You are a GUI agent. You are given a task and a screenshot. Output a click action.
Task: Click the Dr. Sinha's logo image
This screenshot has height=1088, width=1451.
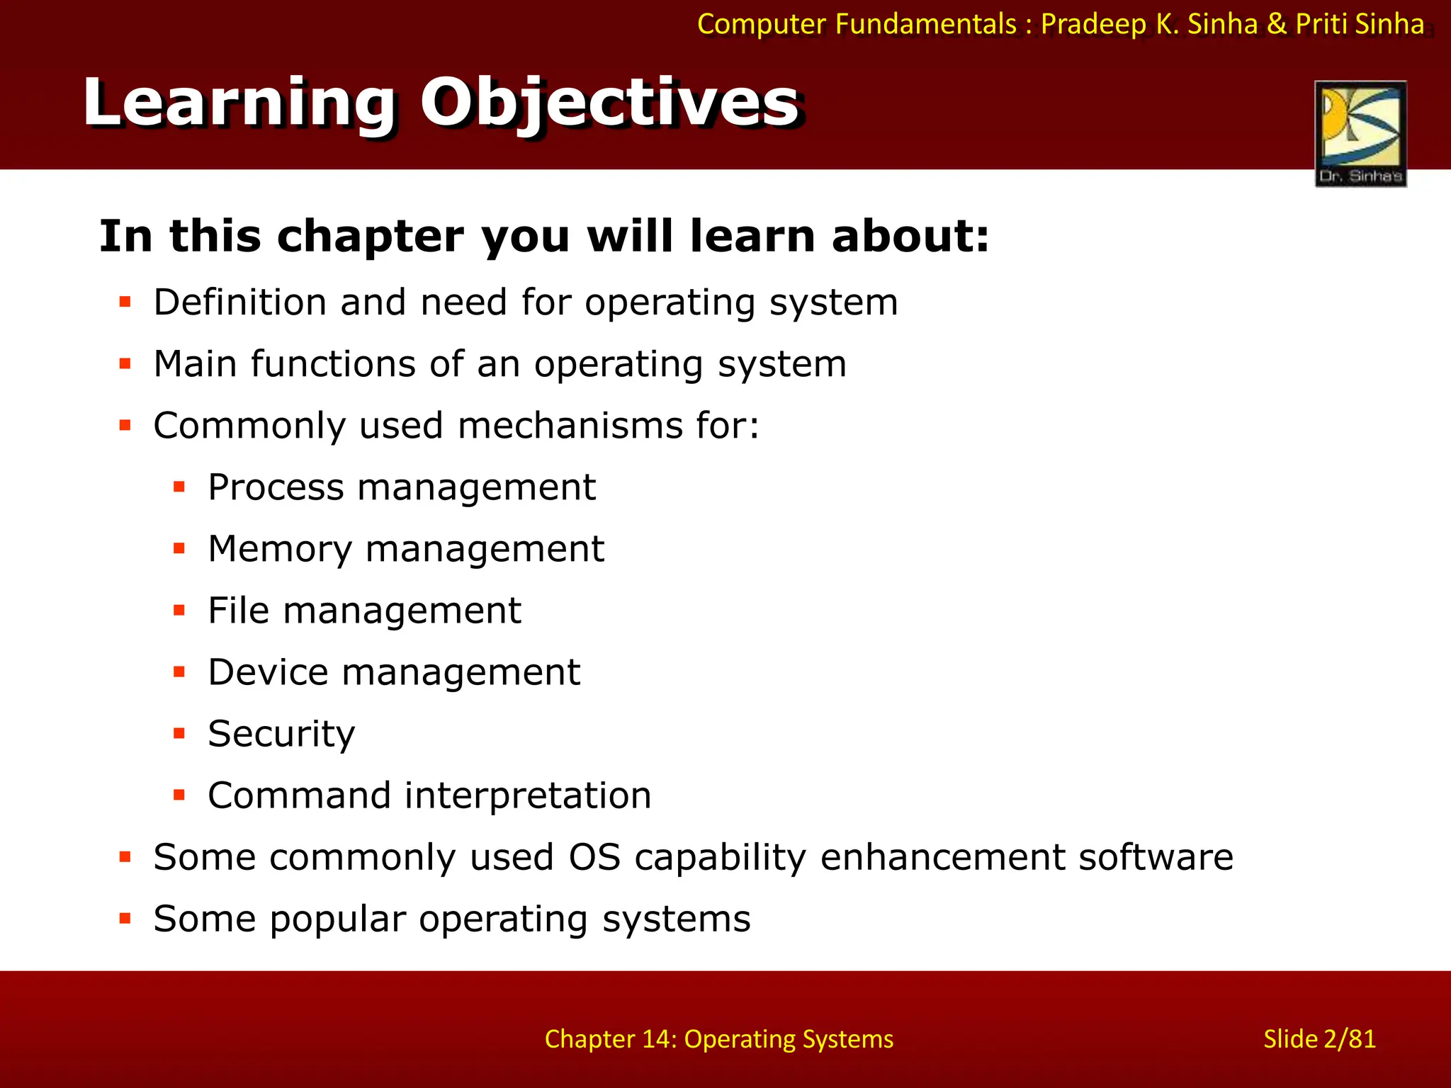[x=1360, y=133]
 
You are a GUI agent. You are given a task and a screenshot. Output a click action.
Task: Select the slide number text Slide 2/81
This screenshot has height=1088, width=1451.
[x=1319, y=1039]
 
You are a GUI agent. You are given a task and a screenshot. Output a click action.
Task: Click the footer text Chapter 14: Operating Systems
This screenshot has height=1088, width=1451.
[x=718, y=1039]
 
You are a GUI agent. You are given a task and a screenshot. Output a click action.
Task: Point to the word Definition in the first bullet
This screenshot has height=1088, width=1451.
[x=240, y=302]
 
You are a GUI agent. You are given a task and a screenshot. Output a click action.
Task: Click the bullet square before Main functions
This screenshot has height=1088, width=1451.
[x=125, y=364]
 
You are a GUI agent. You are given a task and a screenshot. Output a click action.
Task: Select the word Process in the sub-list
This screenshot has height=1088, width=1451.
[x=276, y=487]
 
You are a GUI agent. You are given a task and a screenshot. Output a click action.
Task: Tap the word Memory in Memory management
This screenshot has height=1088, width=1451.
[x=279, y=549]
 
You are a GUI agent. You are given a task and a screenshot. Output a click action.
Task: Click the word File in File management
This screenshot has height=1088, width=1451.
[x=238, y=611]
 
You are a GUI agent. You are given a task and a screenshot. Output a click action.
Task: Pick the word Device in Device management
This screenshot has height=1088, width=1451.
[x=268, y=672]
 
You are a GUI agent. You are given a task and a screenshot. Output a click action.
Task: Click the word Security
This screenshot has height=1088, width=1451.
[x=281, y=735]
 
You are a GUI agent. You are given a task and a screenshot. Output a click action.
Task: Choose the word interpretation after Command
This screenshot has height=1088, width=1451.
[x=528, y=795]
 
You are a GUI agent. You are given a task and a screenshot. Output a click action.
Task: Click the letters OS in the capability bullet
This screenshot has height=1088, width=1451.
[x=594, y=857]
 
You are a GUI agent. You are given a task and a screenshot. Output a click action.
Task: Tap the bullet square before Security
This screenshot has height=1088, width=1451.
[x=179, y=734]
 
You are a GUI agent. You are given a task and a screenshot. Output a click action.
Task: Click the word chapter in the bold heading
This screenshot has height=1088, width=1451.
[x=371, y=237]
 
